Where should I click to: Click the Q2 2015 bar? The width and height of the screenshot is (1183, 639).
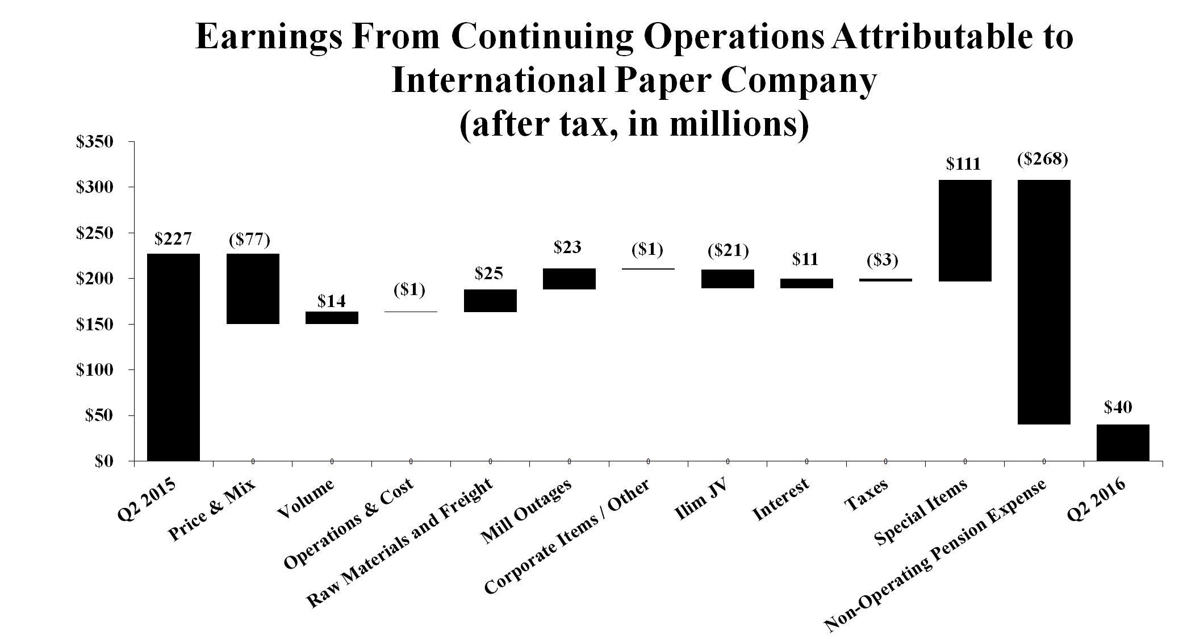(173, 357)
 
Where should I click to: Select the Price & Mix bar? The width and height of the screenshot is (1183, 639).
(253, 289)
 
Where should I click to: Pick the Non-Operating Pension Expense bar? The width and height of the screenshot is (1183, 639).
(1044, 302)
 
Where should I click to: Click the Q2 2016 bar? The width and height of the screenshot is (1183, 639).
(1123, 443)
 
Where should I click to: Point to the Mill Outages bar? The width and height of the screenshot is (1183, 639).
(569, 279)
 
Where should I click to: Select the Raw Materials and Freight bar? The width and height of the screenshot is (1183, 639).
(490, 301)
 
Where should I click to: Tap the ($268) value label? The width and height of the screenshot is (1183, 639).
(1043, 159)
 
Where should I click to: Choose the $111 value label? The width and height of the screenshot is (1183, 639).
(963, 165)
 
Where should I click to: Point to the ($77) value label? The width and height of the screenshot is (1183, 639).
(249, 240)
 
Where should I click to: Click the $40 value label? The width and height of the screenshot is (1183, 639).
(1118, 407)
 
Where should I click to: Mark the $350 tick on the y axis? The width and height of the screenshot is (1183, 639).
(95, 142)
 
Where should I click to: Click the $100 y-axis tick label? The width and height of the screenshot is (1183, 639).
(95, 370)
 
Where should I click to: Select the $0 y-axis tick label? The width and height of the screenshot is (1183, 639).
(104, 462)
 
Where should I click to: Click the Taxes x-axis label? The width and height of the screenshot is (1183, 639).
(866, 495)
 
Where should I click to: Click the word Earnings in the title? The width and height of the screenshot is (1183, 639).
(268, 39)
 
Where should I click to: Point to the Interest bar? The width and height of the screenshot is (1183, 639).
(806, 283)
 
